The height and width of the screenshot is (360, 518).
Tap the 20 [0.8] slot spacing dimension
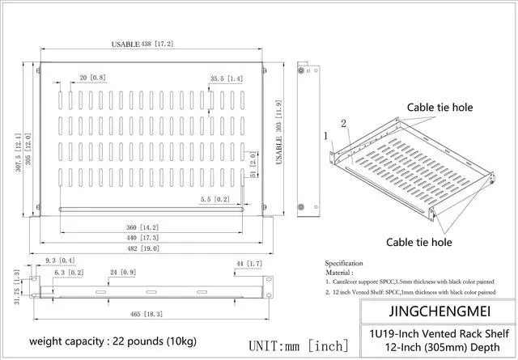tap(92, 78)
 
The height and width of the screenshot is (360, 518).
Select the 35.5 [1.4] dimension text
tap(226, 78)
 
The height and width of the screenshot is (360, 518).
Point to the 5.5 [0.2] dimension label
tap(214, 199)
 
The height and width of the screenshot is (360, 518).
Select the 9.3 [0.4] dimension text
tap(60, 260)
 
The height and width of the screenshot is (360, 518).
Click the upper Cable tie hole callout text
tap(439, 107)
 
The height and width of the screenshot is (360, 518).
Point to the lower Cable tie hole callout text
tap(418, 241)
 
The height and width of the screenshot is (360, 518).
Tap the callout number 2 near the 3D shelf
tap(343, 123)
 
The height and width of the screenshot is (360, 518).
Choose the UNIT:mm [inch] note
tap(298, 345)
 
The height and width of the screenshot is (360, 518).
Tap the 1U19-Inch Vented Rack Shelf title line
tap(439, 332)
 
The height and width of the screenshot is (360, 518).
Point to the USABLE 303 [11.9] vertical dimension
tap(279, 133)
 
